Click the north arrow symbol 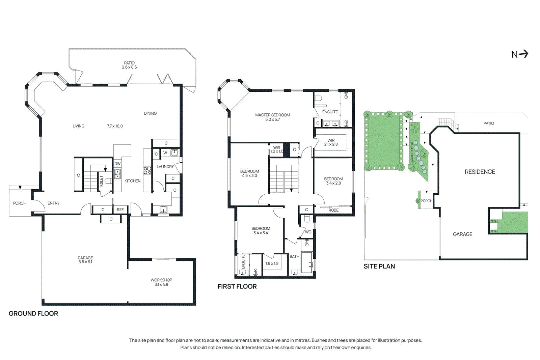click(x=520, y=54)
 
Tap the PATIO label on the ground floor click(x=129, y=63)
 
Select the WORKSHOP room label click(x=161, y=280)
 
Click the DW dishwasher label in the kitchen click(x=117, y=163)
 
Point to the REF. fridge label click(x=120, y=210)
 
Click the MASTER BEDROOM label click(x=273, y=115)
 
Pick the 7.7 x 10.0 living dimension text click(x=115, y=126)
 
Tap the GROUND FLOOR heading click(x=33, y=313)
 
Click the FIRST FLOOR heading click(x=237, y=286)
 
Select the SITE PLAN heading click(x=379, y=266)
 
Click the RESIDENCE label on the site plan click(x=480, y=172)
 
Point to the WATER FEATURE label click(x=412, y=152)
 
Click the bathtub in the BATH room click(x=307, y=262)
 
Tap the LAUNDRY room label click(x=165, y=167)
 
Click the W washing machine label click(x=165, y=153)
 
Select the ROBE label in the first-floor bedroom click(x=333, y=210)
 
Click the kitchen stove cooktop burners click(x=147, y=170)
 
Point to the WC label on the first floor click(x=308, y=232)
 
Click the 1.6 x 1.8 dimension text click(x=272, y=264)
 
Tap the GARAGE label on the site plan click(x=462, y=234)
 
